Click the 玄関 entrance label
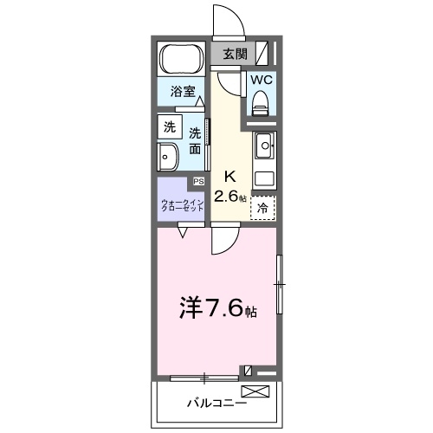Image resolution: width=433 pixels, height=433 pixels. click(235, 54)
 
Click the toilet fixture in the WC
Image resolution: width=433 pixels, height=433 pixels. click(260, 104)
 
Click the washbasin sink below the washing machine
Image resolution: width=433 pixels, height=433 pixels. click(168, 158)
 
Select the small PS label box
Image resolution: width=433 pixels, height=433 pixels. click(198, 182)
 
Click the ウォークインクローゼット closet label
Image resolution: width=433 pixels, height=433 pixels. click(182, 205)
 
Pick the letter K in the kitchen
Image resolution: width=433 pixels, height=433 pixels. click(231, 174)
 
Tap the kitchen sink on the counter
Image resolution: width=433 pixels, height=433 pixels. click(264, 144)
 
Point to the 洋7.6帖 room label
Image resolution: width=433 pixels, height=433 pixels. click(216, 307)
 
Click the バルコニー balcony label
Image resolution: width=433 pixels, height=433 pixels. click(216, 403)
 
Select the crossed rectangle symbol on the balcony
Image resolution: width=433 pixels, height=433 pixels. click(262, 391)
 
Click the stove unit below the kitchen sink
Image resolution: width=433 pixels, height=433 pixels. click(264, 178)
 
